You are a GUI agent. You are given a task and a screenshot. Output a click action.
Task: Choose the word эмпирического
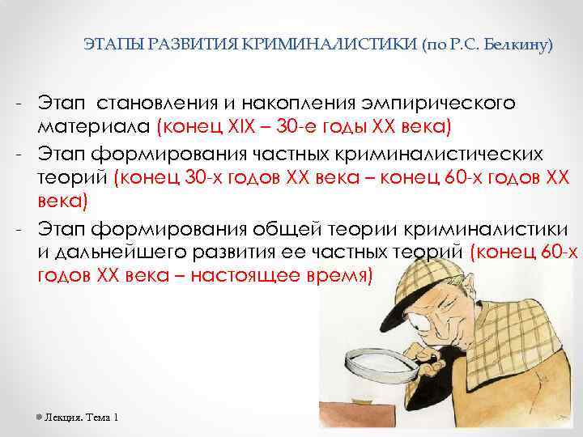pos(438,104)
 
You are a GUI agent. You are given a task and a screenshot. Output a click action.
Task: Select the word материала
pos(95,126)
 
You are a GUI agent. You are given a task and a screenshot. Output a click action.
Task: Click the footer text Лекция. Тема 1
pos(82,417)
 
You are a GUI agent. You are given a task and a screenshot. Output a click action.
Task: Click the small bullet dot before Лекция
pos(39,417)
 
